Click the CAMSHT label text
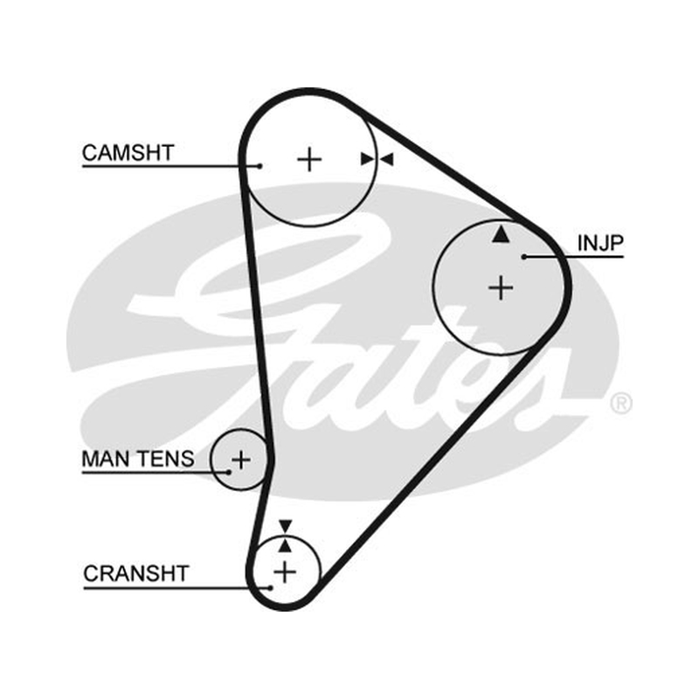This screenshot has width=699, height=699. pyautogui.click(x=128, y=153)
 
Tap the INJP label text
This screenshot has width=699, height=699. pyautogui.click(x=600, y=243)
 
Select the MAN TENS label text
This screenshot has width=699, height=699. pyautogui.click(x=138, y=459)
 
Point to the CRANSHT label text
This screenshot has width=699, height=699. pyautogui.click(x=136, y=573)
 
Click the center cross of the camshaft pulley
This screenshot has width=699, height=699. pyautogui.click(x=309, y=159)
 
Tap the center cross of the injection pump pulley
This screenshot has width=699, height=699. pyautogui.click(x=501, y=287)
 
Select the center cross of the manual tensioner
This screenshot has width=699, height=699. pyautogui.click(x=241, y=460)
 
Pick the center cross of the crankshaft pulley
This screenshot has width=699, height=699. pyautogui.click(x=285, y=572)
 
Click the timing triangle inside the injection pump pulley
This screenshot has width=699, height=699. pyautogui.click(x=501, y=234)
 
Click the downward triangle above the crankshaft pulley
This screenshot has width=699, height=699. pyautogui.click(x=286, y=526)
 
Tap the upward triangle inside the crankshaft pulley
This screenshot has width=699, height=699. pyautogui.click(x=286, y=545)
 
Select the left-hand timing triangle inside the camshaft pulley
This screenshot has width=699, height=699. pyautogui.click(x=367, y=159)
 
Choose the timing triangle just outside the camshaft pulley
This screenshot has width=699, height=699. pyautogui.click(x=386, y=159)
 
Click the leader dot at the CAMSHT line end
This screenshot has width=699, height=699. pyautogui.click(x=260, y=166)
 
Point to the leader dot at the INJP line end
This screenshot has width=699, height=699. pyautogui.click(x=524, y=257)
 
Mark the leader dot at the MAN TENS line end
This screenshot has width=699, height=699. pyautogui.click(x=229, y=472)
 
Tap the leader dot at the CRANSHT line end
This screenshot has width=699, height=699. pyautogui.click(x=270, y=588)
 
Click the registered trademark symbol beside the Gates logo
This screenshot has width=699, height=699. pyautogui.click(x=620, y=404)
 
